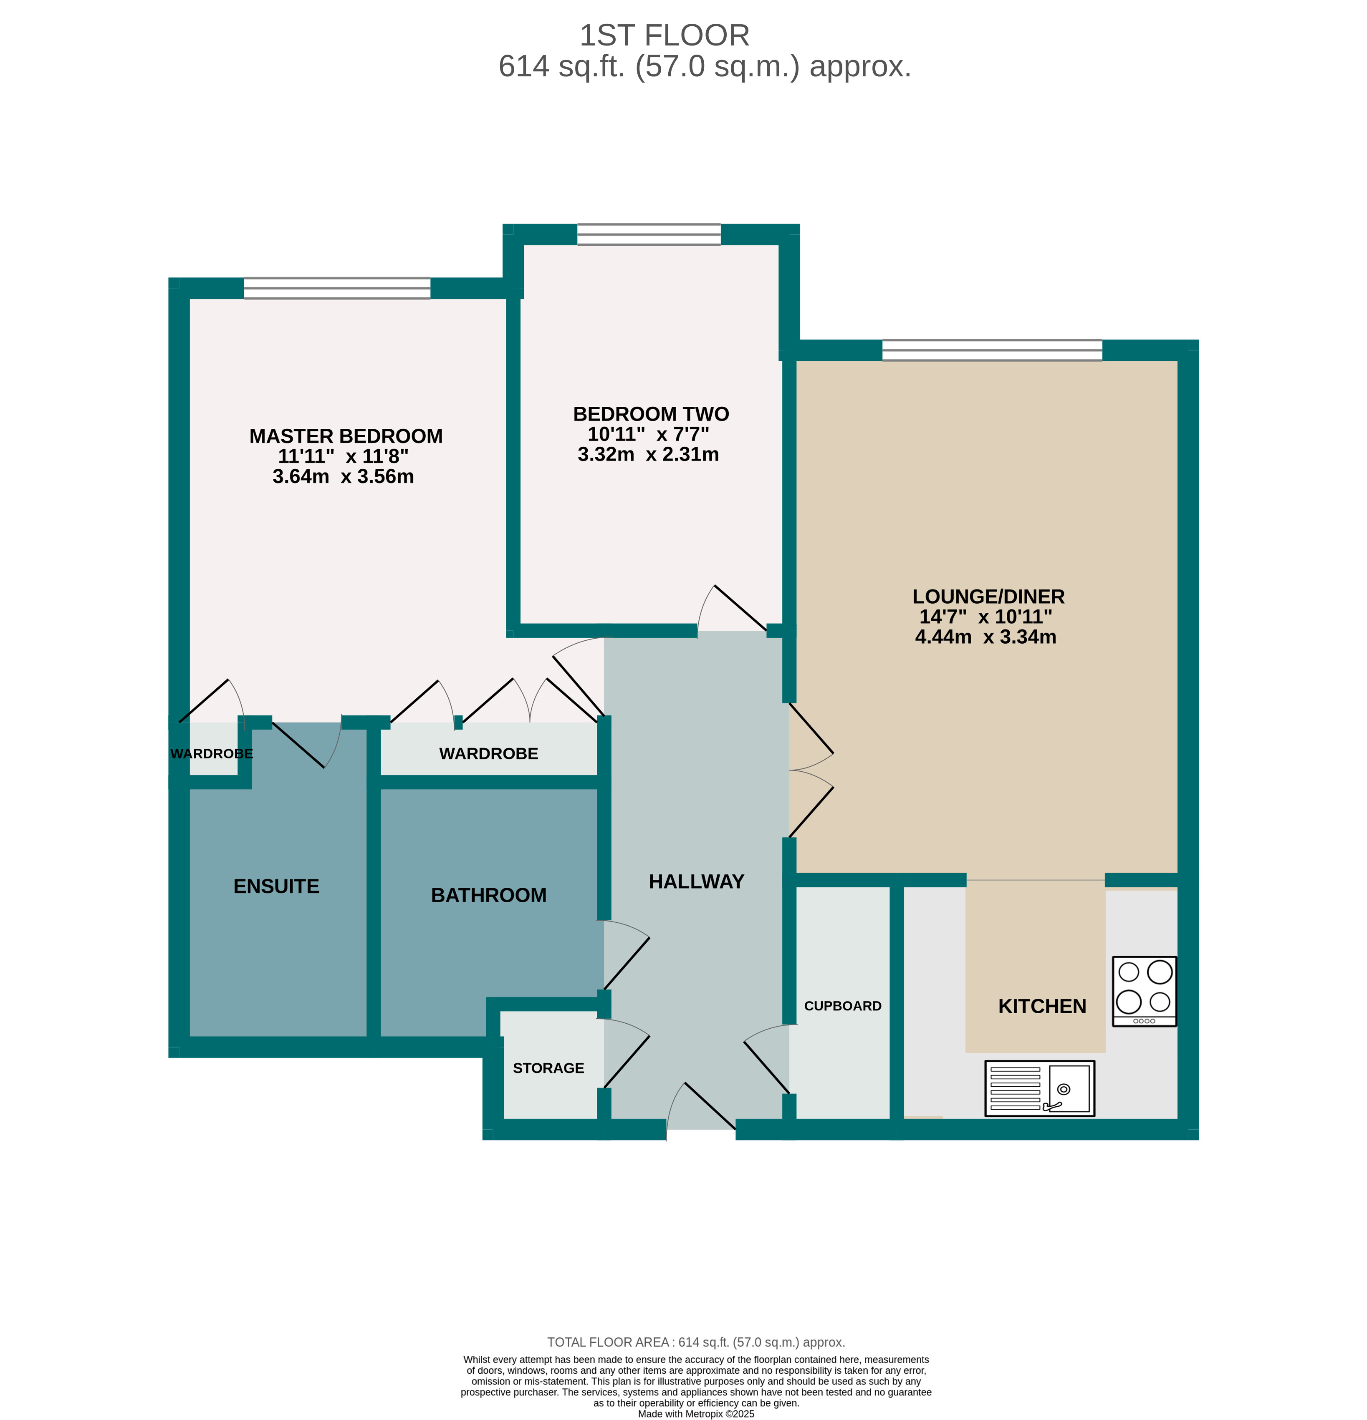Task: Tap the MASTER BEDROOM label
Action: pos(346,436)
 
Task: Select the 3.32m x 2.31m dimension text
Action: pos(648,454)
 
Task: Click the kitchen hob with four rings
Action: pos(1144,990)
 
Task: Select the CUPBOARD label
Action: pos(842,1006)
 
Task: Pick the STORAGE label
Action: pos(548,1068)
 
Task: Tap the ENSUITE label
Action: pos(276,886)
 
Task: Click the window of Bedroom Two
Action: pos(649,235)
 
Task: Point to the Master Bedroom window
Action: pos(337,288)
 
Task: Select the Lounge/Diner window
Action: pos(992,350)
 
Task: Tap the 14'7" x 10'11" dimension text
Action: pos(985,617)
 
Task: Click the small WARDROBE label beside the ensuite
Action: pos(212,753)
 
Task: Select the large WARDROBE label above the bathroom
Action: pos(488,753)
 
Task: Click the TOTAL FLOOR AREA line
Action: pos(696,1342)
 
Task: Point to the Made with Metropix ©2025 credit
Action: pos(696,1413)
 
